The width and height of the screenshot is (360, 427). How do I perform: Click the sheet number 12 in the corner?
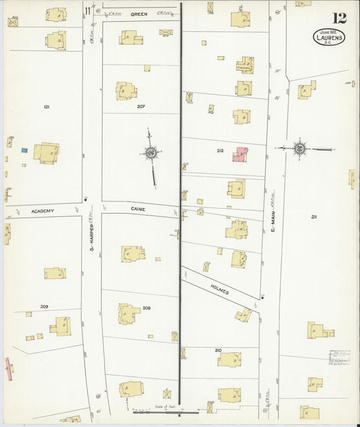point(339,18)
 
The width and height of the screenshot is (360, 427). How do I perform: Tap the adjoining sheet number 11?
point(88,9)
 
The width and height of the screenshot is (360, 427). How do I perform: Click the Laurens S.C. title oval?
point(330,38)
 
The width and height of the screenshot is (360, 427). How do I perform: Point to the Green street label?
point(139,14)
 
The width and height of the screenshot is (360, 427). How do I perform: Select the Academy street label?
point(42,211)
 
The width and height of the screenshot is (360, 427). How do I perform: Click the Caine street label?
point(139,209)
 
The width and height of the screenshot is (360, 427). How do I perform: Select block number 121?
point(47,107)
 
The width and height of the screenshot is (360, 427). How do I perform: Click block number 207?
point(140,107)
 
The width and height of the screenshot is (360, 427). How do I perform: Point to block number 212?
point(220,151)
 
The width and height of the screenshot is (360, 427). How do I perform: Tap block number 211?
point(314,216)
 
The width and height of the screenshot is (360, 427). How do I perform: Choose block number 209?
point(44,307)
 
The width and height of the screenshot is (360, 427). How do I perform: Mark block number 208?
point(146,307)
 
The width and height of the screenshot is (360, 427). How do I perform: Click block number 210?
point(218,350)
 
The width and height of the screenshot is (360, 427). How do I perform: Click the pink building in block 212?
point(240,155)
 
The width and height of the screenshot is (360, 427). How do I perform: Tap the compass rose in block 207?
point(149,153)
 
